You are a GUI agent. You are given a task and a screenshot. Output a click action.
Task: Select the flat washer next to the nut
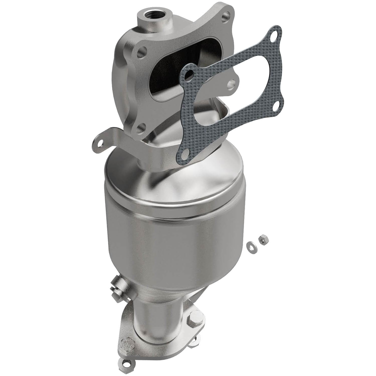click(251, 245)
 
